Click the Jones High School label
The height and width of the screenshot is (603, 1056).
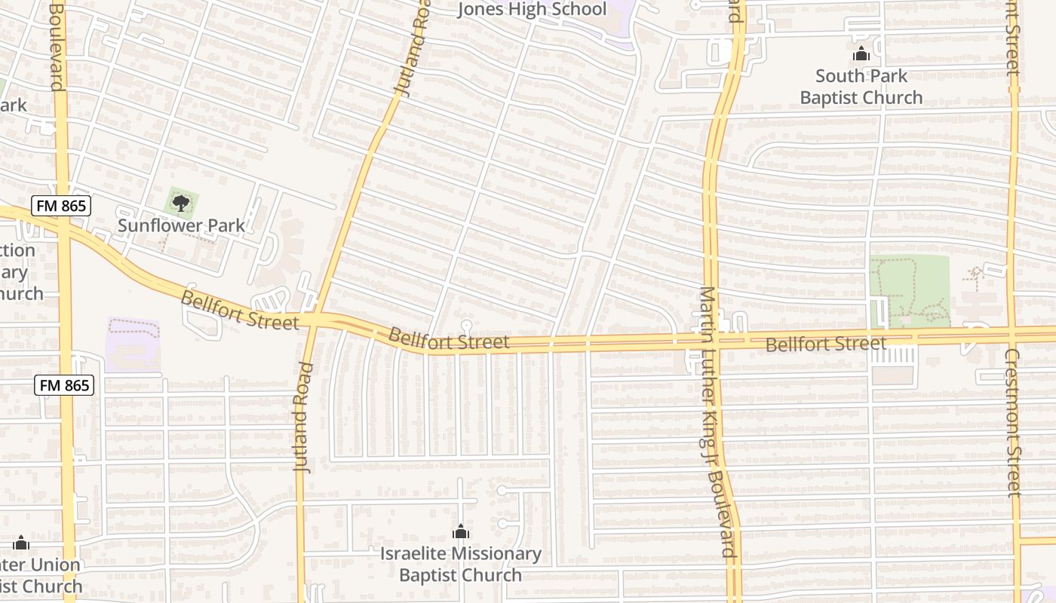point(533,9)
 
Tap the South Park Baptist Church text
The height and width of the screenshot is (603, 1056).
point(861,87)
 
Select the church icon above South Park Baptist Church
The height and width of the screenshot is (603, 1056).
point(861,54)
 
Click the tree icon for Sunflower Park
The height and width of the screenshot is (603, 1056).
point(181,202)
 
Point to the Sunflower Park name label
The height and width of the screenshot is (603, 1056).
point(181,225)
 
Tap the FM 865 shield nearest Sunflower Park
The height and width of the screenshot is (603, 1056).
point(61,206)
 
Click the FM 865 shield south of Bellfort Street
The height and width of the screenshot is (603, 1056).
point(65,385)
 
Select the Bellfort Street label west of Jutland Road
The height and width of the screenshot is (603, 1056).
point(239,310)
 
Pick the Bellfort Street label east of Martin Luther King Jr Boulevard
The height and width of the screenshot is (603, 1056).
point(826,344)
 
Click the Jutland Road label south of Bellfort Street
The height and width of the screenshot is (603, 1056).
point(303,417)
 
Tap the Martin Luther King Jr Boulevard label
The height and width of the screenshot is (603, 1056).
point(717,422)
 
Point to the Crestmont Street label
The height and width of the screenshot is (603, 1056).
point(1012,422)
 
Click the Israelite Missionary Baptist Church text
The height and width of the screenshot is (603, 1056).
point(460,564)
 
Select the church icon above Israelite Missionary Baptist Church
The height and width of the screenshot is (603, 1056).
point(460,532)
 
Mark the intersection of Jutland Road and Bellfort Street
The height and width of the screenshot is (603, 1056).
point(315,320)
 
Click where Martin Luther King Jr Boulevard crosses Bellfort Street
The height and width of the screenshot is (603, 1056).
point(711,341)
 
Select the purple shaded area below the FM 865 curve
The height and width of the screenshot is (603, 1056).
point(133,344)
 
